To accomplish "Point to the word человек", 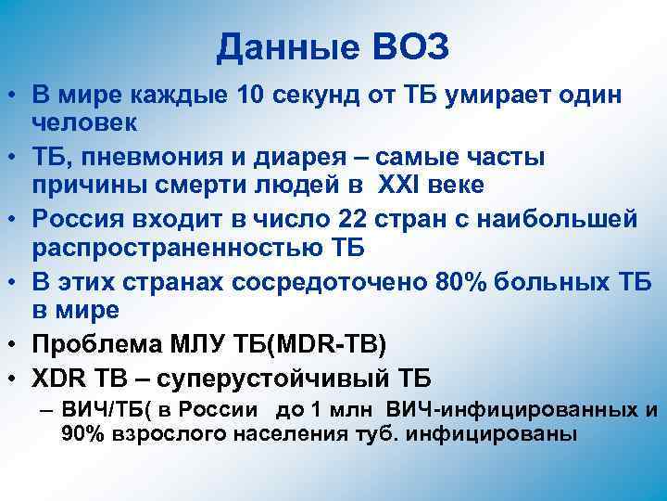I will point(85,122).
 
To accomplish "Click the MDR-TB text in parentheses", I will point(351,344).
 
